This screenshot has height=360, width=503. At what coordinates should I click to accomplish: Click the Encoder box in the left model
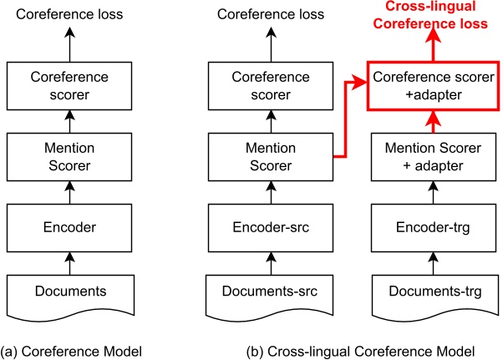[71, 225]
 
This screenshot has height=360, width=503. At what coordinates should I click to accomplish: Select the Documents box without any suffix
[71, 292]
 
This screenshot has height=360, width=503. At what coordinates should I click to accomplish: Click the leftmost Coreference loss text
[71, 14]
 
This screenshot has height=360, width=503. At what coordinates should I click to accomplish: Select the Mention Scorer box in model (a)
[71, 156]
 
